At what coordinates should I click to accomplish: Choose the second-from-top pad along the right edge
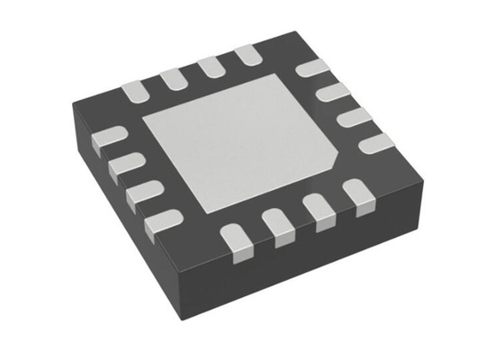tap(333, 91)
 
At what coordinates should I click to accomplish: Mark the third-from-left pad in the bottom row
tap(321, 211)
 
